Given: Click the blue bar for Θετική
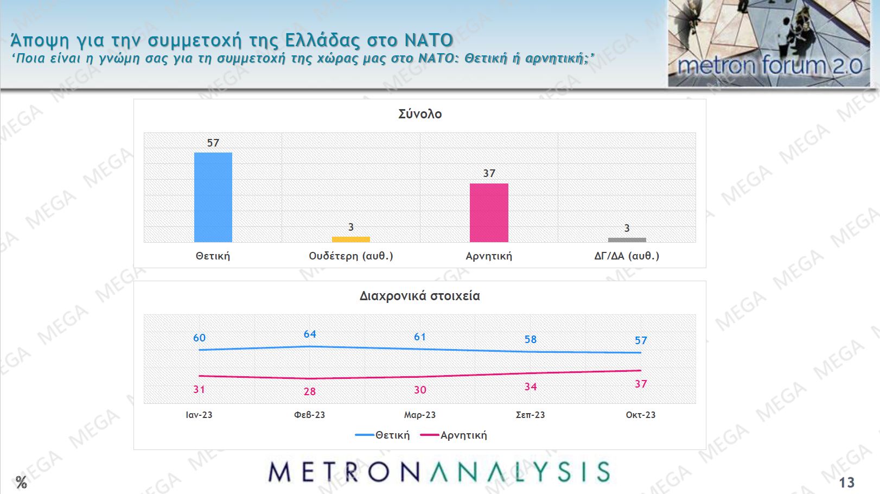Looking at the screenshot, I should point(213,197).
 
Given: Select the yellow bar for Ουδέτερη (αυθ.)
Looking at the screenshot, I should point(351,239).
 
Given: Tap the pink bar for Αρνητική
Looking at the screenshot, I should point(489,213).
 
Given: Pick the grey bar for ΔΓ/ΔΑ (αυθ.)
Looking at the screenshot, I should point(627,239).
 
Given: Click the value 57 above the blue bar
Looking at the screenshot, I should point(213,143).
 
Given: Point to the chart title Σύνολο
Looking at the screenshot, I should point(420,114).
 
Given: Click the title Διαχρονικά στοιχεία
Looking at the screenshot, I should point(419,296).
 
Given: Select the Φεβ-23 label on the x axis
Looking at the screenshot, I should point(309,415).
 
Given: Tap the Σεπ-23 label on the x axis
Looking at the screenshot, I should point(530,415).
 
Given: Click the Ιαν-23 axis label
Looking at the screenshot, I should point(199,415).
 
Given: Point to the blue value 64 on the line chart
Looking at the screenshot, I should point(310,334).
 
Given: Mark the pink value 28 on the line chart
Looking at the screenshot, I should point(310,391).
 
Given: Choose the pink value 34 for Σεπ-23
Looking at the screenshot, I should point(531,387).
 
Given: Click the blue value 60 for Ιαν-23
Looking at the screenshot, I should point(200,338).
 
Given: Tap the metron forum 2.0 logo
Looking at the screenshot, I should point(769,43).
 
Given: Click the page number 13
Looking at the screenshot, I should point(846,482).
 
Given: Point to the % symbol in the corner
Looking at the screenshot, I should point(21,482).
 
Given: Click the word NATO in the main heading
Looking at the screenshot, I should point(429,40).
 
